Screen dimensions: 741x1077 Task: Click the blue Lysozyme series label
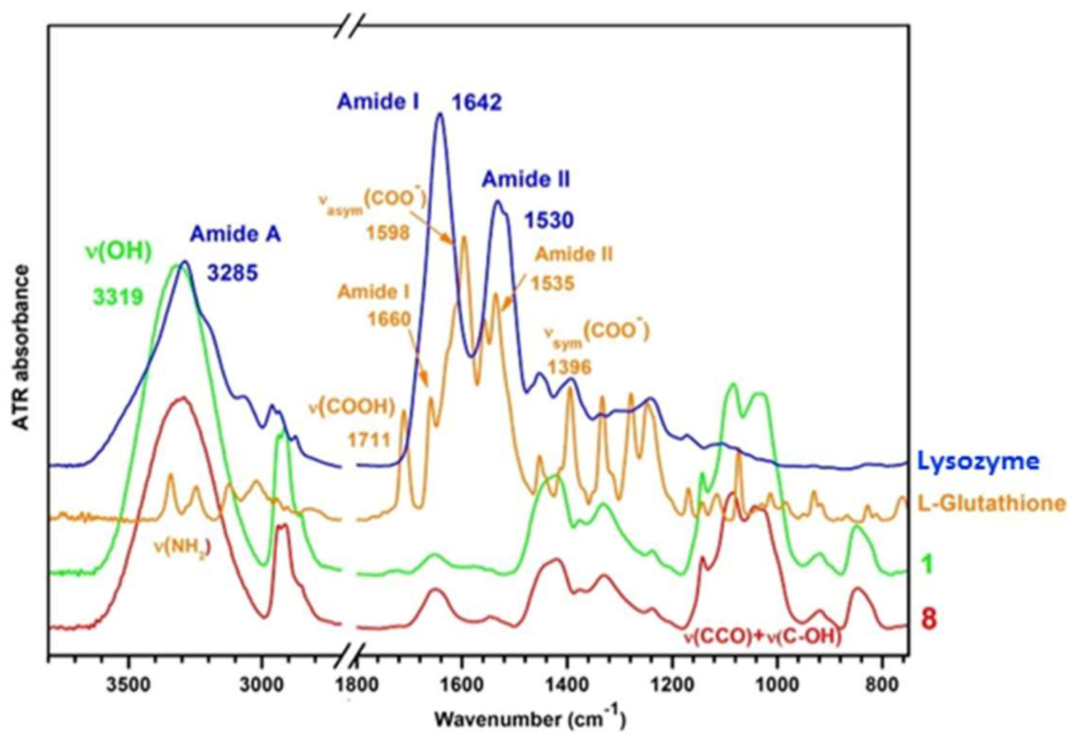coord(978,461)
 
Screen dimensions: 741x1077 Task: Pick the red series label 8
coord(928,619)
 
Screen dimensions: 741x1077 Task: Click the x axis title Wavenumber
coord(529,719)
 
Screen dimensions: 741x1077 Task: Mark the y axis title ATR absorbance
coord(22,348)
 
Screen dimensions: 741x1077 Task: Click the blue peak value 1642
coord(477,103)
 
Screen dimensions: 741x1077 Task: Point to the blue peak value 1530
coord(549,220)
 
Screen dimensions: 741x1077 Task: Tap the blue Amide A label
coord(235,234)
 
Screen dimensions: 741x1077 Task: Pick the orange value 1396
coord(570,366)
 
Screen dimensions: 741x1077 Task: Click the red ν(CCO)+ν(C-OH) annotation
coord(761,638)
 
